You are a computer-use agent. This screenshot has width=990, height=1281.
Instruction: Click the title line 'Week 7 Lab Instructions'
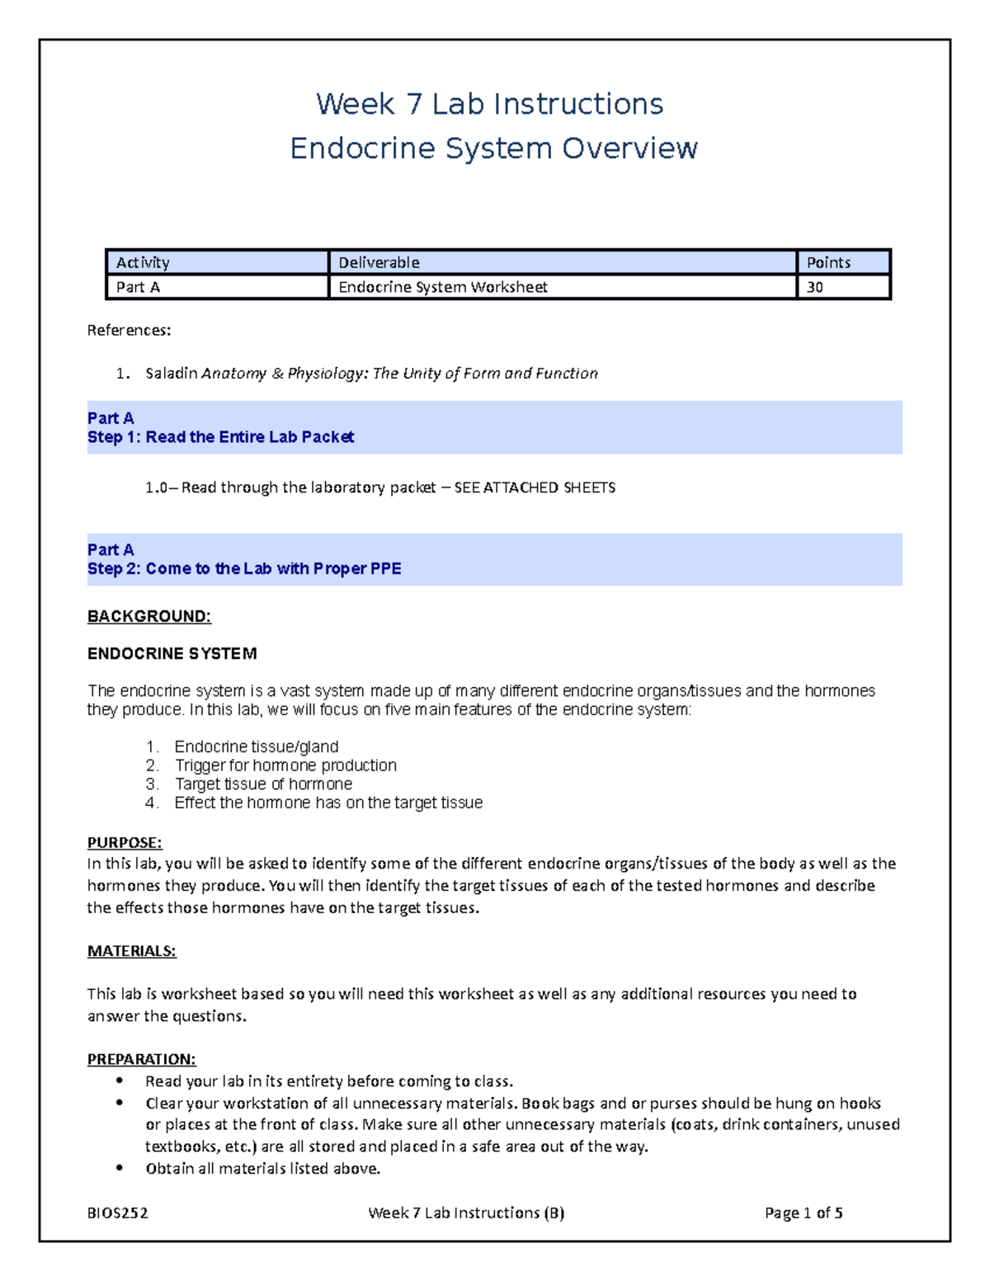click(489, 104)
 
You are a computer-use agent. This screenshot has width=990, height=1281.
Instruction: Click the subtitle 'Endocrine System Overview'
click(493, 148)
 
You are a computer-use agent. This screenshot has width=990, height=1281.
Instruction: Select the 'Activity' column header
click(143, 262)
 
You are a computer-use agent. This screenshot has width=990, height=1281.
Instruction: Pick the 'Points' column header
click(827, 262)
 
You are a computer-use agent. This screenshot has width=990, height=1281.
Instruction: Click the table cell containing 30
click(814, 287)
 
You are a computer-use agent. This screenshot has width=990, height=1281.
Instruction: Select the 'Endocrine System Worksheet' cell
click(443, 287)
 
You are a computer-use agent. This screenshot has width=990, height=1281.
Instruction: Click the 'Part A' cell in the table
click(138, 287)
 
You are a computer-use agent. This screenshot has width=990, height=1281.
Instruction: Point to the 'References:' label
click(129, 331)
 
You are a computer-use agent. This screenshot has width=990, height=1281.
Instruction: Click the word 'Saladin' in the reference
click(171, 374)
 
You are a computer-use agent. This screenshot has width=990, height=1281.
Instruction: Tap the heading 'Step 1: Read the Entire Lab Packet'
click(220, 437)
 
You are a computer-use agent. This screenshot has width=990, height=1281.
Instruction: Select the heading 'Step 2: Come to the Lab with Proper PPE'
click(244, 569)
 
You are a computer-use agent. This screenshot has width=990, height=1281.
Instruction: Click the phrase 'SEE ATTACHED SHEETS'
click(535, 488)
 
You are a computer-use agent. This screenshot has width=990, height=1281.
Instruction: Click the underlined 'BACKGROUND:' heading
click(149, 617)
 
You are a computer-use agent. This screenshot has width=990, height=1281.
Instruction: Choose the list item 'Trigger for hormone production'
click(285, 765)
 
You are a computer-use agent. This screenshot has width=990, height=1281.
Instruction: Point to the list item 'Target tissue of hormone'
click(263, 784)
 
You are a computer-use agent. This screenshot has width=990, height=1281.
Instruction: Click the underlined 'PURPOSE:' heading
click(125, 843)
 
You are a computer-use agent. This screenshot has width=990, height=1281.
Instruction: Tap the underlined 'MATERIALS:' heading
click(131, 951)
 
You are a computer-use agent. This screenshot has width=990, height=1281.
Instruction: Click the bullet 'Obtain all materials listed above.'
click(262, 1169)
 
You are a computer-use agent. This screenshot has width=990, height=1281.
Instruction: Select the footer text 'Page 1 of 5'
click(803, 1213)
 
